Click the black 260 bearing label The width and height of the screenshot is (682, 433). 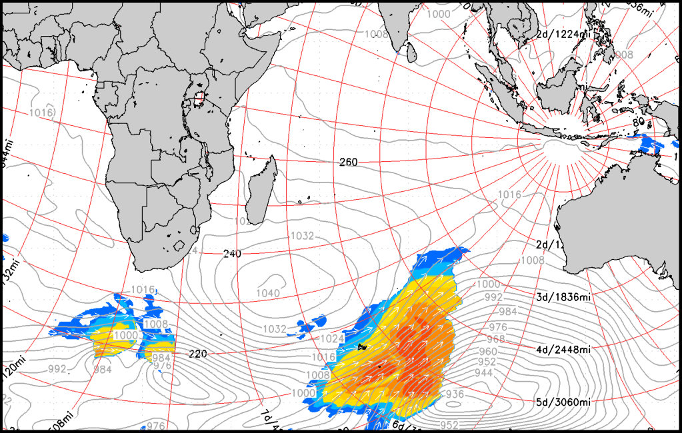[348, 162]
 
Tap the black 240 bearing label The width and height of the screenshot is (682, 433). [233, 254]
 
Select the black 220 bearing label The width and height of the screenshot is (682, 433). [198, 353]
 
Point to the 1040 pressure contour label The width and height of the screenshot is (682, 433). [268, 293]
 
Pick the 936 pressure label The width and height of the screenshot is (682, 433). [455, 394]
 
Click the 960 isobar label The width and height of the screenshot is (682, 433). [487, 351]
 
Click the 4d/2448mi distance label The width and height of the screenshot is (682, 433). [563, 349]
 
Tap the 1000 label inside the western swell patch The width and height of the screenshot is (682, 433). [125, 335]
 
